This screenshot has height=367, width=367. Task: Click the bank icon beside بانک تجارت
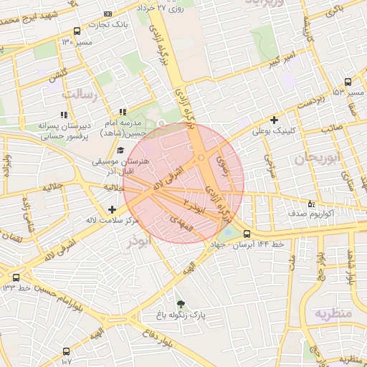tap(108, 14)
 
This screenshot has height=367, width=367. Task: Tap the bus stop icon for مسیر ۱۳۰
tap(77, 32)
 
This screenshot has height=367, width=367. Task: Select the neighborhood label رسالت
tap(80, 94)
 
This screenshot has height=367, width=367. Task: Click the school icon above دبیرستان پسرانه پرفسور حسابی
tap(64, 114)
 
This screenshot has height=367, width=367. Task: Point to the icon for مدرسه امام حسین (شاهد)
tap(123, 112)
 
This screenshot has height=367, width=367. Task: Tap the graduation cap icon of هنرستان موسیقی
tap(120, 151)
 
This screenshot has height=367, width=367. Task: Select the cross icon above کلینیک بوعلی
tap(274, 120)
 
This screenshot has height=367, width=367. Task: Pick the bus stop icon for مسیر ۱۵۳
tap(348, 82)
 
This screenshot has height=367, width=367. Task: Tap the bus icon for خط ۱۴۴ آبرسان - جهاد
tap(247, 234)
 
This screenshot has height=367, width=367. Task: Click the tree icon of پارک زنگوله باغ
tap(180, 304)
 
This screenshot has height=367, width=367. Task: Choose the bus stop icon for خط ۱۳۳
tap(16, 277)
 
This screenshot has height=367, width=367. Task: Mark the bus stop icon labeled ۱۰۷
tap(67, 351)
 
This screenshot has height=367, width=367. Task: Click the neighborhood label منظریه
tap(332, 313)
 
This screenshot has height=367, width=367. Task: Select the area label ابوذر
tap(141, 243)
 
